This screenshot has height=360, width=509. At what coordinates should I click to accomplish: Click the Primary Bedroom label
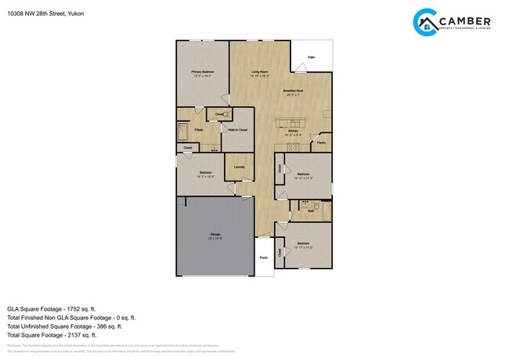[x=202, y=72]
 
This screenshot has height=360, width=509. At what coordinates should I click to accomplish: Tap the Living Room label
[x=260, y=72]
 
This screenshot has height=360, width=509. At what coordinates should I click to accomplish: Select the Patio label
[x=311, y=57]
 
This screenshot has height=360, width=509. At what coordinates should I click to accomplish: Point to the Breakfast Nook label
[x=294, y=91]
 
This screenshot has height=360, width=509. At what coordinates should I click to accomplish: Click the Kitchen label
[x=293, y=131]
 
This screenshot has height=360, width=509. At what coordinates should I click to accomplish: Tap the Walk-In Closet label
[x=238, y=129]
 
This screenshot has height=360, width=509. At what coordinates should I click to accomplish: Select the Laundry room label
[x=239, y=167]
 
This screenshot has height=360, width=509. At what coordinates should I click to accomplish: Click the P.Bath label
[x=199, y=129]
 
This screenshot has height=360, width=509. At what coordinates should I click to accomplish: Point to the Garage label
[x=214, y=234]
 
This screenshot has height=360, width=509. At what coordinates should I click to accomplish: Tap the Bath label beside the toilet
[x=311, y=210]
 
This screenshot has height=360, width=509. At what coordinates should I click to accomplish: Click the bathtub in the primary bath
[x=183, y=130]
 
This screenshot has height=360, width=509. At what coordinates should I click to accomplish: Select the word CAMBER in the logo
[x=467, y=21]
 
